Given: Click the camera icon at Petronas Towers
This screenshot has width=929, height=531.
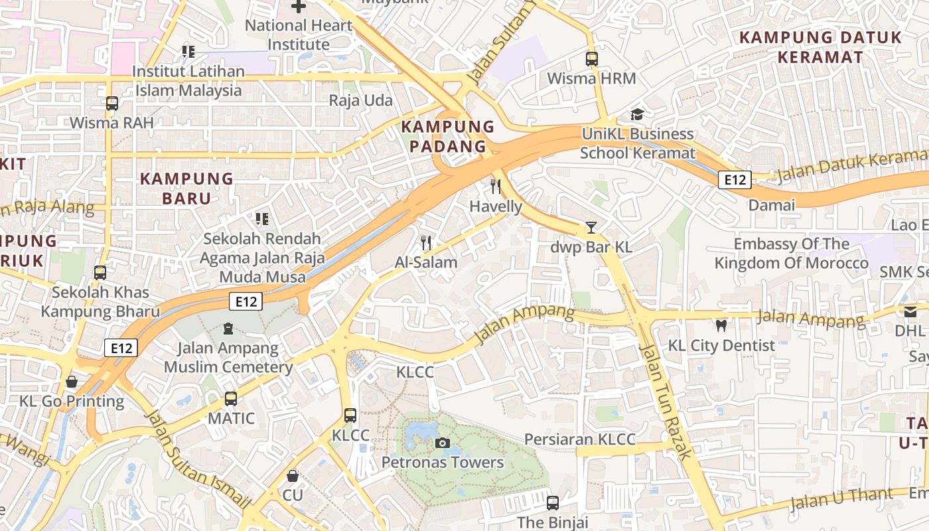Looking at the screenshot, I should tap(442, 443).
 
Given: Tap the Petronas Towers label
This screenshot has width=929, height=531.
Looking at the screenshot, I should tap(443, 462).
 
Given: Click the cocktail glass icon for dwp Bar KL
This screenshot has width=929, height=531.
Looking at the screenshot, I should tap(591, 228).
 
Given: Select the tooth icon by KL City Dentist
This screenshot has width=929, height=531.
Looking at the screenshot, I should tap(721, 326).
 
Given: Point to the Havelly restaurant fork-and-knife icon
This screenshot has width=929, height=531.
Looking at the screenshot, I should tap(495, 186).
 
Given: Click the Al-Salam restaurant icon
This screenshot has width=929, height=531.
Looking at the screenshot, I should tap(426, 243).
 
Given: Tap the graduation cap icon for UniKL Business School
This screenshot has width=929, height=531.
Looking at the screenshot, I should tap(637, 115).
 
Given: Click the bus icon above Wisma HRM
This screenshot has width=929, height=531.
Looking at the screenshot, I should tap(592, 59).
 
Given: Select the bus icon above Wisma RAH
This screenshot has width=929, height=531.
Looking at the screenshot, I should tap(111, 104).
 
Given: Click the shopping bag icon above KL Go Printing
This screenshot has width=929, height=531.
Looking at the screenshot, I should tap(72, 382).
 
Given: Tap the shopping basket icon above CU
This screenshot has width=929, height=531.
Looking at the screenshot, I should tap(293, 476).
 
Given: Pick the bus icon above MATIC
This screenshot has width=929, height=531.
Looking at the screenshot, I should tap(231, 399).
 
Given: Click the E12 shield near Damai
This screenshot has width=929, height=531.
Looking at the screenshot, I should tap(735, 179).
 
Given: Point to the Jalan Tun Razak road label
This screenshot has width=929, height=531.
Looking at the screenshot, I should tap(666, 401).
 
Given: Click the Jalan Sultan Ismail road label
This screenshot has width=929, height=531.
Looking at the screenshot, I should tap(197, 461).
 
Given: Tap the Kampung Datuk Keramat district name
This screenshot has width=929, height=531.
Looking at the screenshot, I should tap(821, 47).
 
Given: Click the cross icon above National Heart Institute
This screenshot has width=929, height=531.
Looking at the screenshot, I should tap(299, 7).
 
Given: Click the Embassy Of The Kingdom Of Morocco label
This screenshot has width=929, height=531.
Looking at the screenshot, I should tap(791, 254).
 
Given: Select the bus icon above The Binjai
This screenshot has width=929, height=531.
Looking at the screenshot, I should tap(553, 503).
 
